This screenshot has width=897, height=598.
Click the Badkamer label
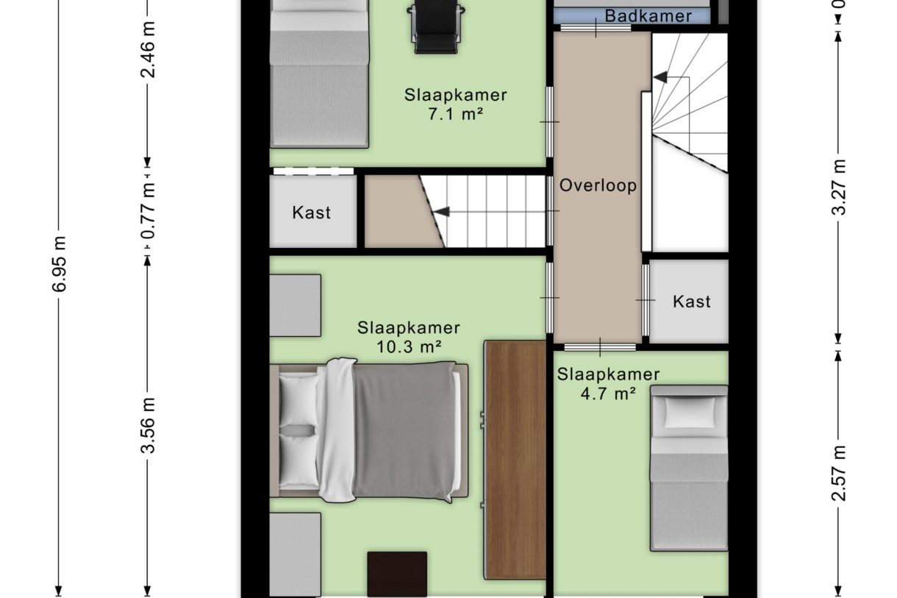pyautogui.click(x=648, y=16)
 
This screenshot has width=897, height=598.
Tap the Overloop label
pyautogui.click(x=598, y=185)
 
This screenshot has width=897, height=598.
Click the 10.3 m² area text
pyautogui.click(x=408, y=346)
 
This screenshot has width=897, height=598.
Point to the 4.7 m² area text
pyautogui.click(x=608, y=394)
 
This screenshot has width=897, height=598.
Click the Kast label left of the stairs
pyautogui.click(x=312, y=213)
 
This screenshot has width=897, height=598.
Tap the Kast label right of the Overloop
pyautogui.click(x=692, y=302)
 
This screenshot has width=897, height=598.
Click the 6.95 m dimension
pyautogui.click(x=60, y=263)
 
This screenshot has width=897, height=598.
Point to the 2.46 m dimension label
pyautogui.click(x=148, y=49)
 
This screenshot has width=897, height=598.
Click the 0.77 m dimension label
pyautogui.click(x=148, y=210)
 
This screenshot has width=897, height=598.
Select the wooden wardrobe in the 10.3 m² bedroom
pyautogui.click(x=515, y=459)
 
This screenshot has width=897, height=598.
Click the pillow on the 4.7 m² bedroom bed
pyautogui.click(x=689, y=412)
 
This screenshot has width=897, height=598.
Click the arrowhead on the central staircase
pyautogui.click(x=441, y=212)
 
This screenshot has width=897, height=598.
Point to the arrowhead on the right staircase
pyautogui.click(x=660, y=76)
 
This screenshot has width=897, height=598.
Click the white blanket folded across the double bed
pyautogui.click(x=337, y=430)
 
